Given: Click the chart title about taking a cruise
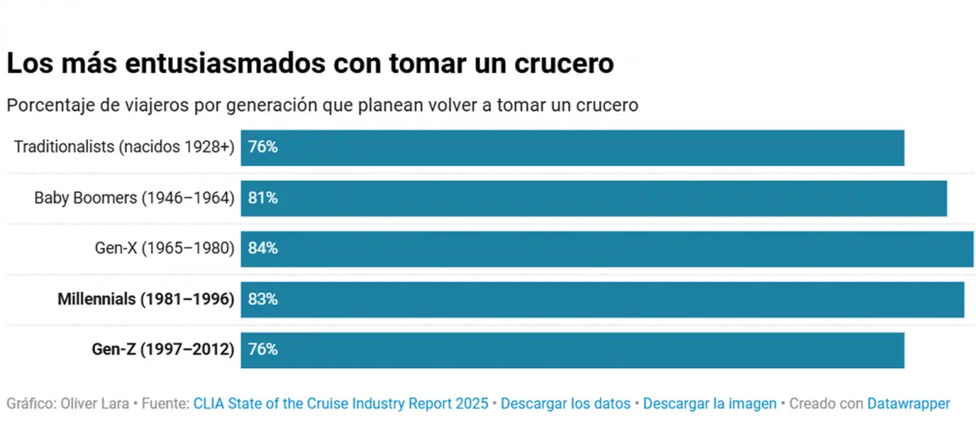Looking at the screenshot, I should pos(309,63).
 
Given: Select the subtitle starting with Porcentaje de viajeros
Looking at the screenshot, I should pos(321,106).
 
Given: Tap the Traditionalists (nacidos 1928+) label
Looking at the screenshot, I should pos(124,147).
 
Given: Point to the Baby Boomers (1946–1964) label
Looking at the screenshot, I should pos(134,198).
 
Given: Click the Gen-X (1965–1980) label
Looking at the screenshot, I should pos(164,248).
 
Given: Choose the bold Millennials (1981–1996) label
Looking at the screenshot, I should pos(146,299).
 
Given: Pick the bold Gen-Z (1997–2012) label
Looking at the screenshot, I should pos(163,349).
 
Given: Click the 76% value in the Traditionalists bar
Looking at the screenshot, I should pos(263,147).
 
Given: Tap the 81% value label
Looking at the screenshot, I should pos(263,198).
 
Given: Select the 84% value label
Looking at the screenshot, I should pos(263,248).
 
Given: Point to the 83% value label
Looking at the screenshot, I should pos(263,299).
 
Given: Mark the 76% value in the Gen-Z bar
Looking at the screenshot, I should pos(263,349).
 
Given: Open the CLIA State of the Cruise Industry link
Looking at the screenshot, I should pos(341,404).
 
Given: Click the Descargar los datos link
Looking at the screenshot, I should pos(565,404).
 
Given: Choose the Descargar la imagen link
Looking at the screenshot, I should pos(709,404).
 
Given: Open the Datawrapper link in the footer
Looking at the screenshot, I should pos(908,404).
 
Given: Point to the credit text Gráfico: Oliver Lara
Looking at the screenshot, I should pos(67,404).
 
